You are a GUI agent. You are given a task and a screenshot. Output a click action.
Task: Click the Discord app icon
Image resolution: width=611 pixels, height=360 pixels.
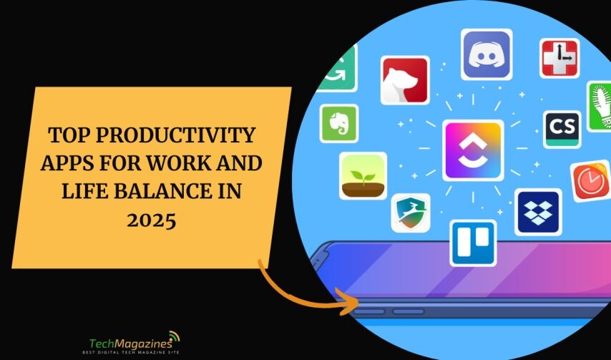tap(487, 54)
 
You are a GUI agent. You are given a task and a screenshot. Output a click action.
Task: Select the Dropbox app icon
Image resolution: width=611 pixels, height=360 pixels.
tap(538, 213)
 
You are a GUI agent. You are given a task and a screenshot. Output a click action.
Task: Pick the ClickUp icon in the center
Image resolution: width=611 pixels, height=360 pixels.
tap(473, 150)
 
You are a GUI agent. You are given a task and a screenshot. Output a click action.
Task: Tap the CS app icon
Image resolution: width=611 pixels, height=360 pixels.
tap(562, 129)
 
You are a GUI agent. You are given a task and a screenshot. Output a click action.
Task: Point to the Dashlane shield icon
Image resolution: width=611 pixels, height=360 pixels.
tap(411, 213)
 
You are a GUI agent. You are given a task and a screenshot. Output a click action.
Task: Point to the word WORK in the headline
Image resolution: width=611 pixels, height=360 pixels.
tap(191, 163)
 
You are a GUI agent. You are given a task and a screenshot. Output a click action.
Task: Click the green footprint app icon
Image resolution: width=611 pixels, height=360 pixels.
tap(600, 106)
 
